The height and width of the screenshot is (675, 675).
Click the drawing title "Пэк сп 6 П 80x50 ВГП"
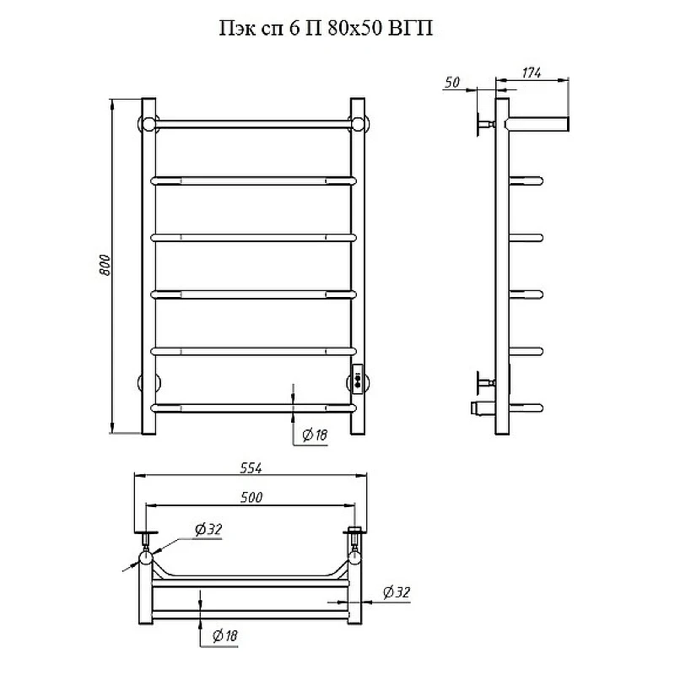click(x=326, y=29)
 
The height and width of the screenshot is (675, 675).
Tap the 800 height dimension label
click(x=105, y=265)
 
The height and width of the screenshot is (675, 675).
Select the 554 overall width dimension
click(x=251, y=468)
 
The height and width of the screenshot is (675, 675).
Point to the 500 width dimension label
click(x=251, y=497)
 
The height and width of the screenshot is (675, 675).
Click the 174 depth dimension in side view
click(x=532, y=73)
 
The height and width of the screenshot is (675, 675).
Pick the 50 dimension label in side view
click(x=452, y=82)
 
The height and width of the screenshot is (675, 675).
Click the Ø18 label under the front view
click(x=315, y=435)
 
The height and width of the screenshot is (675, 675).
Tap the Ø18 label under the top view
click(x=224, y=635)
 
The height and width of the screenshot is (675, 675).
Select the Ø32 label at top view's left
click(x=208, y=529)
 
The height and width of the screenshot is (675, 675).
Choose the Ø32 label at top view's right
click(x=397, y=592)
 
